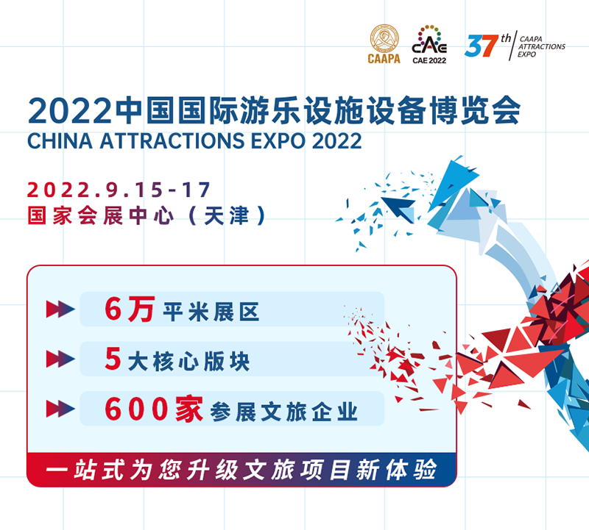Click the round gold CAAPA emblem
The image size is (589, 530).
tap(384, 39)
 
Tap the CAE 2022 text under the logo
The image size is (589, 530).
tap(429, 60)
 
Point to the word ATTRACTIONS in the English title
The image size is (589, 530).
tap(172, 140)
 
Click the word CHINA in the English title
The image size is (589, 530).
tap(60, 140)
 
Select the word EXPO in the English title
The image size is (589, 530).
tap(278, 140)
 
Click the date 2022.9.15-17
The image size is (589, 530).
tap(119, 190)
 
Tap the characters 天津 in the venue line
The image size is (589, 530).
tap(227, 215)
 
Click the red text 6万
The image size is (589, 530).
tap(130, 309)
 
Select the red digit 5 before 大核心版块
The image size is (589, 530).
tap(113, 358)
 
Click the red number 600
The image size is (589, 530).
tap(136, 409)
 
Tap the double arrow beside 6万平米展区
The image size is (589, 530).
tap(60, 309)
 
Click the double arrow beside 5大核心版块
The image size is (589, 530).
tap(60, 359)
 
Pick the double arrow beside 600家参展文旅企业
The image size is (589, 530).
tap(60, 409)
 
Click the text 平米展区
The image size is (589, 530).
tap(211, 312)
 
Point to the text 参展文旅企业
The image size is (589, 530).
tap(284, 412)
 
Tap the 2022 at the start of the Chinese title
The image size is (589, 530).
tap(70, 111)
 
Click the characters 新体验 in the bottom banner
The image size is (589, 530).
tap(397, 469)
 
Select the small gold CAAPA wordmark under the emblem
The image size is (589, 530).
tap(384, 59)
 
